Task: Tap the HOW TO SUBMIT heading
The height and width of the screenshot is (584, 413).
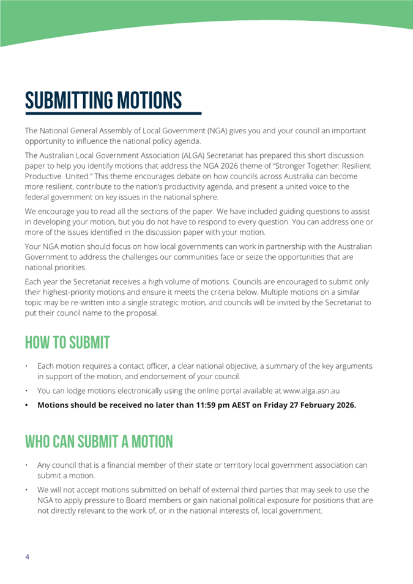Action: click(x=67, y=342)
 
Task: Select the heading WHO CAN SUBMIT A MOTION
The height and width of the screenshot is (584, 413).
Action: click(x=99, y=441)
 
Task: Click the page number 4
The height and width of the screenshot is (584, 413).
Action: click(x=27, y=556)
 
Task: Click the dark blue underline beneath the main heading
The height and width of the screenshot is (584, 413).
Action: click(x=113, y=113)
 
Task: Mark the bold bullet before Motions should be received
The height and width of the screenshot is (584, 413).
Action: click(x=27, y=405)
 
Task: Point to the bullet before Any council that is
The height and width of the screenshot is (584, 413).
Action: click(x=27, y=465)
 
